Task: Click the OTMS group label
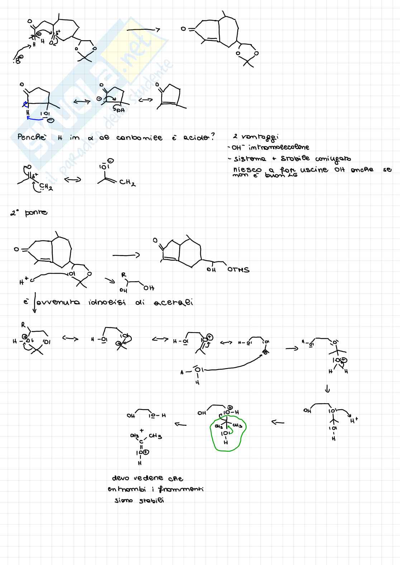click(x=238, y=270)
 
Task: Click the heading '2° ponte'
click(x=29, y=213)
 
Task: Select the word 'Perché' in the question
click(x=32, y=137)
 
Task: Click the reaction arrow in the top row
click(x=143, y=30)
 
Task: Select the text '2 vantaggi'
click(x=256, y=137)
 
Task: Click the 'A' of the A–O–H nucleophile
click(x=182, y=372)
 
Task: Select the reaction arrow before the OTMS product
click(x=126, y=255)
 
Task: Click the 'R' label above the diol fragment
click(x=124, y=275)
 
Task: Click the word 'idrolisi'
click(x=107, y=303)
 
